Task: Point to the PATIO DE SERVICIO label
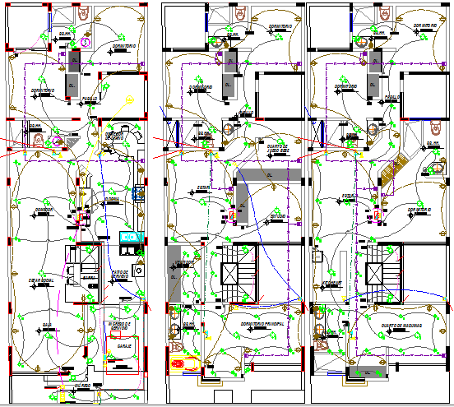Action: click(120, 274)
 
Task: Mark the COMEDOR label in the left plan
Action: click(44, 210)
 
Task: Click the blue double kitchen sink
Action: click(130, 238)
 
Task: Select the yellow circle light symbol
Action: click(130, 99)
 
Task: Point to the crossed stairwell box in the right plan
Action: click(377, 274)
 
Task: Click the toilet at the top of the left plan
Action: click(83, 14)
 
